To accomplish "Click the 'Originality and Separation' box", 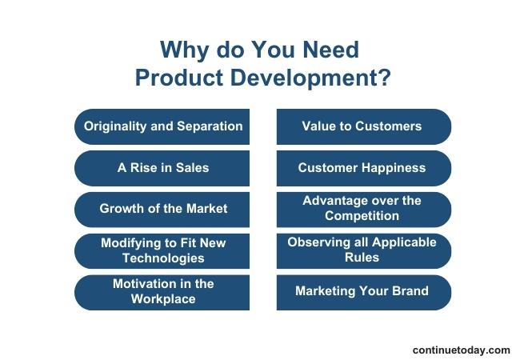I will click(x=162, y=126).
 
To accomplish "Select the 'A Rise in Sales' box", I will click(x=162, y=168).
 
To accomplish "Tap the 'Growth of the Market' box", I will click(x=162, y=209).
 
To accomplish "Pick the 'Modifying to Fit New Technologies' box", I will click(x=162, y=250).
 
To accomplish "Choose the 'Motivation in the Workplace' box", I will click(x=162, y=292).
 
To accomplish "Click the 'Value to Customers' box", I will click(x=363, y=126).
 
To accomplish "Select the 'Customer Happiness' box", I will click(x=363, y=168).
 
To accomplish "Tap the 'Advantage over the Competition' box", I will click(x=363, y=209).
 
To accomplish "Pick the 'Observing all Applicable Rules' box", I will click(x=363, y=250).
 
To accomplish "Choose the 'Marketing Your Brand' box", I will click(x=363, y=292).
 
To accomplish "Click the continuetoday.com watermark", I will click(x=461, y=350).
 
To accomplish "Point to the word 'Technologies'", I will click(x=163, y=258).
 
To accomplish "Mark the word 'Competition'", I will click(x=362, y=216).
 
